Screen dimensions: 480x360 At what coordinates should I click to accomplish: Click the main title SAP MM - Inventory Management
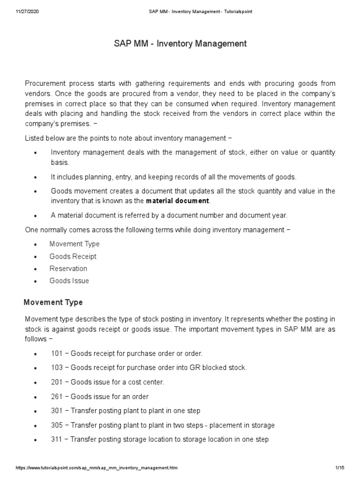tap(180, 44)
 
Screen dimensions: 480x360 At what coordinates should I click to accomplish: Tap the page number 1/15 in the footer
tap(340, 468)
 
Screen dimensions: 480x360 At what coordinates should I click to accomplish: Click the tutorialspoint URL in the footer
tap(97, 468)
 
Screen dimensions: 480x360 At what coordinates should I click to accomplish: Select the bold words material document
tap(178, 201)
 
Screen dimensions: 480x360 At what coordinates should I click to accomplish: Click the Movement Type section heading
tap(53, 302)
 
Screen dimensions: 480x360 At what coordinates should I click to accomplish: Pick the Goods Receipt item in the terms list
tap(73, 256)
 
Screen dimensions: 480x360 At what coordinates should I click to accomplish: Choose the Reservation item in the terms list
tap(68, 269)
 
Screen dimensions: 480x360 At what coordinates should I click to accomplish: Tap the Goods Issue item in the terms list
tap(69, 281)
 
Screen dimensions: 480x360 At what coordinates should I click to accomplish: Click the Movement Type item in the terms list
tap(75, 244)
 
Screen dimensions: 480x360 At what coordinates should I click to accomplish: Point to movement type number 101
tap(56, 353)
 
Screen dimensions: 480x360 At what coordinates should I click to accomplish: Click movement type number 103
tap(56, 367)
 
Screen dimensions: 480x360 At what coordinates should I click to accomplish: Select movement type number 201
tap(56, 382)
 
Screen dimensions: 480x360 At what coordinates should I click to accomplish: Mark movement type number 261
tap(56, 397)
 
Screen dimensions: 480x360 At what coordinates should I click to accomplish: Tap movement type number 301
tap(56, 411)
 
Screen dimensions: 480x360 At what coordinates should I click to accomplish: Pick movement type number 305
tap(56, 425)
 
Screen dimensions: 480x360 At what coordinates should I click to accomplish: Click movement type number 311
tap(56, 440)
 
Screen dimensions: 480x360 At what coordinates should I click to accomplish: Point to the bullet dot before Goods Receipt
tap(36, 257)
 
